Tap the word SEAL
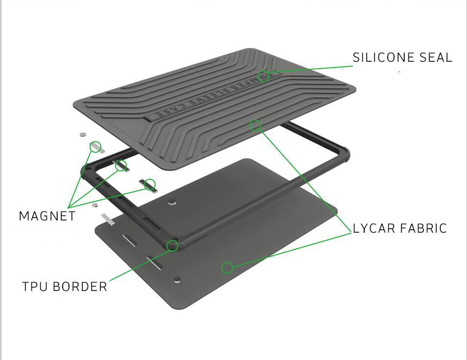pyautogui.click(x=436, y=57)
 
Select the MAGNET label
pyautogui.click(x=47, y=216)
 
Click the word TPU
pyautogui.click(x=35, y=287)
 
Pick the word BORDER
pyautogui.click(x=80, y=287)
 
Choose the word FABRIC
pyautogui.click(x=423, y=228)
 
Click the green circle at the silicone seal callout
pyautogui.click(x=263, y=76)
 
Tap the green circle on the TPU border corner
pyautogui.click(x=172, y=246)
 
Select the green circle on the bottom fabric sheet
pyautogui.click(x=227, y=268)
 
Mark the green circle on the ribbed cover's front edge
pyautogui.click(x=255, y=125)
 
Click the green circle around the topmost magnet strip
pyautogui.click(x=95, y=147)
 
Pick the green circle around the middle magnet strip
pyautogui.click(x=121, y=166)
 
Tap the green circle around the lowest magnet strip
pyautogui.click(x=150, y=185)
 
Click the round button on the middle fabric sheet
pyautogui.click(x=172, y=203)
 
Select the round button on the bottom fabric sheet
pyautogui.click(x=177, y=280)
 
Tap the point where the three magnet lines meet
pyautogui.click(x=69, y=207)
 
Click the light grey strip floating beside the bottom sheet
pyautogui.click(x=108, y=219)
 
